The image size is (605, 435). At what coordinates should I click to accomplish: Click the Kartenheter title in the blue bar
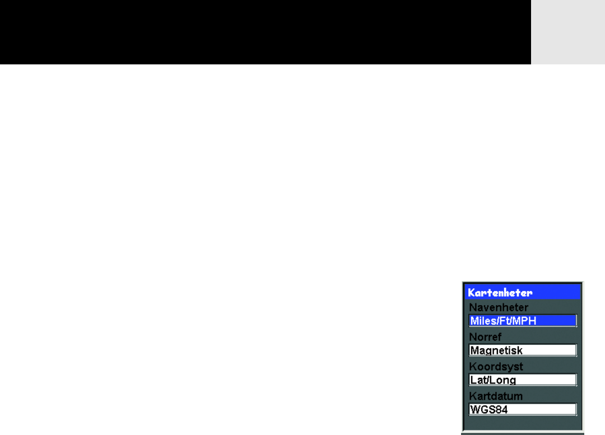tap(500, 292)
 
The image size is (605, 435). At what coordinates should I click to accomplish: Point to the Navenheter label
tap(499, 307)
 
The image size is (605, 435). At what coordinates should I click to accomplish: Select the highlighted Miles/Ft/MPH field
tap(523, 321)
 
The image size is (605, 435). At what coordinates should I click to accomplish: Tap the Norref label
tap(485, 337)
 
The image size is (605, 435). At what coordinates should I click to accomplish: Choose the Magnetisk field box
tap(523, 350)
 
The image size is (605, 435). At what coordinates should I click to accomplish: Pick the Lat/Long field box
tap(523, 380)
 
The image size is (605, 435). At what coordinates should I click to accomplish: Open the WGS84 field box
tap(523, 409)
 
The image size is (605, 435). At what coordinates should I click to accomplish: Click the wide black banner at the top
tap(265, 32)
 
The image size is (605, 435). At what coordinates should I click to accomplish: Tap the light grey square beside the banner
tap(568, 32)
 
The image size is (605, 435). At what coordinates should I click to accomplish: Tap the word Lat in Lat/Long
tap(478, 380)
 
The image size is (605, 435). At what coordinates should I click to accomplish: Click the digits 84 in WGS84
tap(501, 410)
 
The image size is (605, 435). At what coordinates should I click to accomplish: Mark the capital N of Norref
tap(473, 337)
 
